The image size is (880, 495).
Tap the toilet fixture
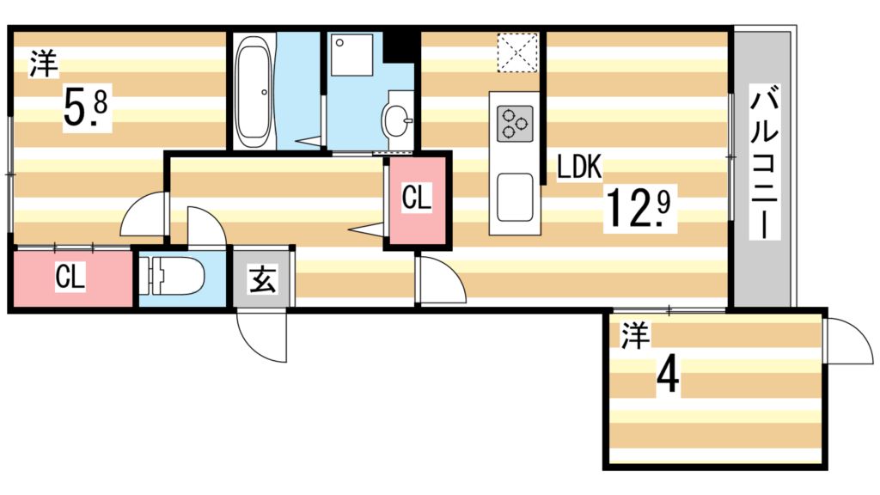[x=172, y=276]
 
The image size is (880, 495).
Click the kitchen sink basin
[x=515, y=197]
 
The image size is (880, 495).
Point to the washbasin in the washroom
[x=398, y=119]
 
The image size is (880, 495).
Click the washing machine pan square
[x=351, y=54]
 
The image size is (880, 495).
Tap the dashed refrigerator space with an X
[x=518, y=52]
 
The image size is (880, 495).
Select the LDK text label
[x=579, y=167]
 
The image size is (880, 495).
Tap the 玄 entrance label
[x=262, y=279]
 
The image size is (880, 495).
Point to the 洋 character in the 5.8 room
[x=44, y=64]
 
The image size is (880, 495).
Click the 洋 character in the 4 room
[x=635, y=336]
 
